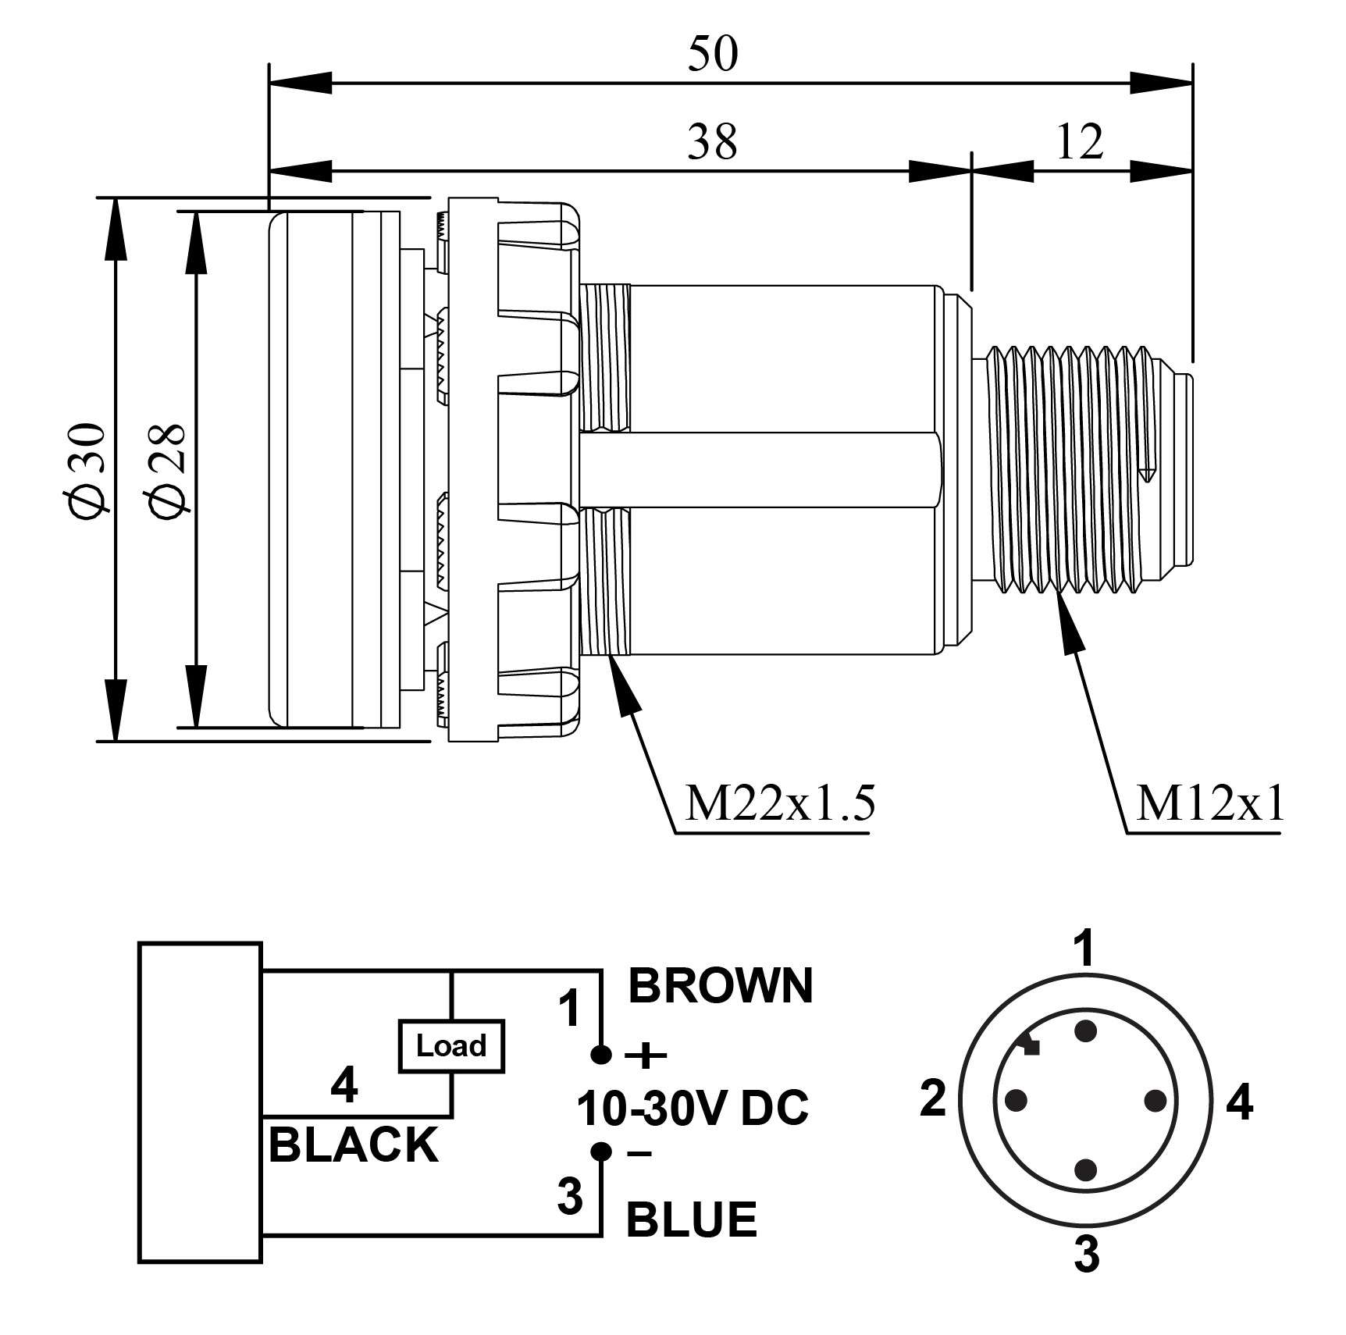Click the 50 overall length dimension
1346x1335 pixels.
coord(712,55)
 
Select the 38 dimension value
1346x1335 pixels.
coord(712,142)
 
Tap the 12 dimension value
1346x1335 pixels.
coord(1080,142)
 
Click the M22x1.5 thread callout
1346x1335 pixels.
coord(778,803)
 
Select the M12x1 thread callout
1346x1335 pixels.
coord(1209,803)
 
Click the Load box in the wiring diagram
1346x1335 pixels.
coord(451,1045)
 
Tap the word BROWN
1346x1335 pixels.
coord(720,985)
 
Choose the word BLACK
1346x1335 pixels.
coord(353,1145)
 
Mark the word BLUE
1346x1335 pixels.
coord(692,1219)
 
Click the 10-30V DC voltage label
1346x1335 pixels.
coord(693,1108)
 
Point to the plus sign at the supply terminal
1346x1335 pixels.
coord(646,1057)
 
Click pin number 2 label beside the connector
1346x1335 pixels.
coord(933,1099)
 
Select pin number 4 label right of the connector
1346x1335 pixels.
coord(1240,1103)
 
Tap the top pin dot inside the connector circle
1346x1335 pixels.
coord(1085,1032)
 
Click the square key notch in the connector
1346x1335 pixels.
coord(1031,1048)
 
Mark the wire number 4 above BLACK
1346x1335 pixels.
coord(344,1084)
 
